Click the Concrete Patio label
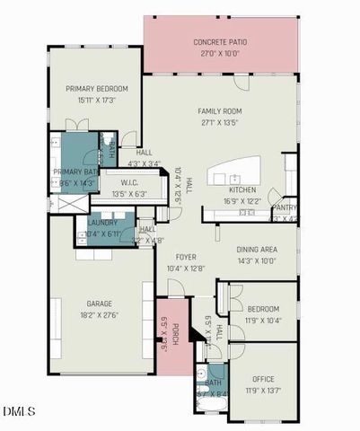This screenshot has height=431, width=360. pos(221,42)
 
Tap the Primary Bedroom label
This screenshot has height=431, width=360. pos(97,89)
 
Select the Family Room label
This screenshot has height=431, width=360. pos(221,111)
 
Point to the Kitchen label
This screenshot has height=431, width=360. pos(243,190)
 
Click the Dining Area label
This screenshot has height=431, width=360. pos(256,250)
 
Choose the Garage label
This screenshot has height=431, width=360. pos(99,303)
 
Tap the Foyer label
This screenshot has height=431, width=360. pos(186,256)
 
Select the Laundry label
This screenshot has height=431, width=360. pos(102,223)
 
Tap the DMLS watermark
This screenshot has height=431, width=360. pos(19,411)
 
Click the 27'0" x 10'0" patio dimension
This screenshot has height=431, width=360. pos(221,53)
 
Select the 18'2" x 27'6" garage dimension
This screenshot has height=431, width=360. pos(99,314)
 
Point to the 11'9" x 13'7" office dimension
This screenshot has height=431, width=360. pos(262,390)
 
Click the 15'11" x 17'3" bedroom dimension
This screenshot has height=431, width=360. pos(97,100)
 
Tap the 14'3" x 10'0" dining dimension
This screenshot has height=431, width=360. pos(256,260)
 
